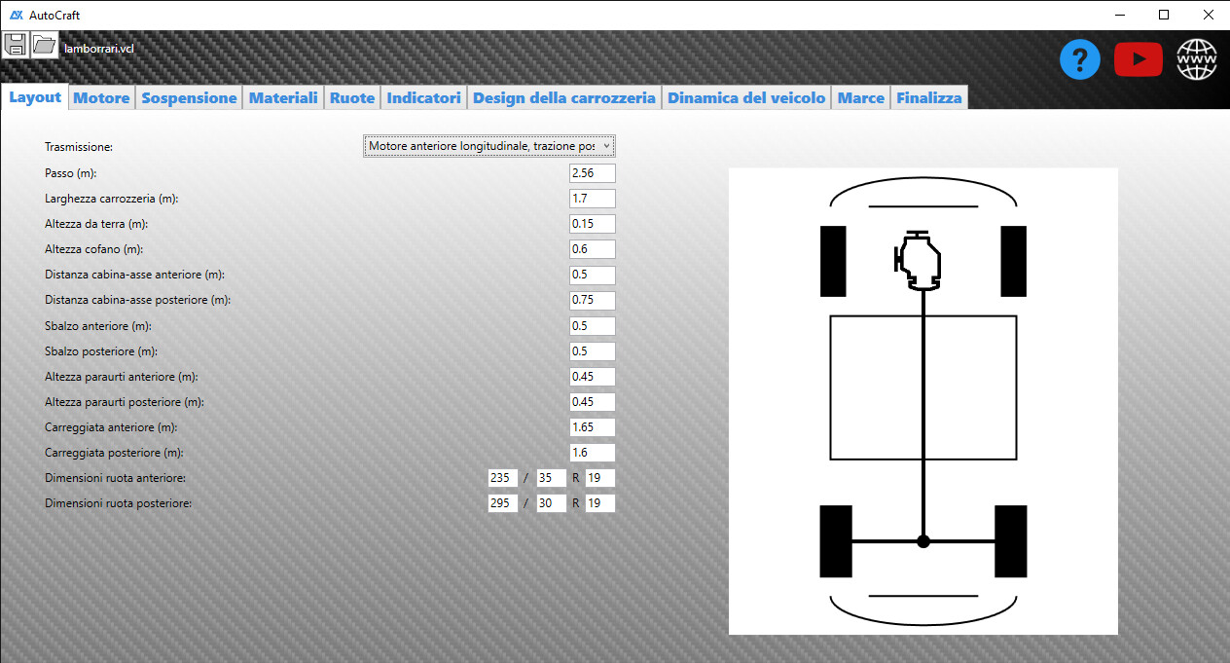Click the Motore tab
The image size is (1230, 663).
101,97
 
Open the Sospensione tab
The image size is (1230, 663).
189,97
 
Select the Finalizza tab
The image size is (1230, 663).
929,97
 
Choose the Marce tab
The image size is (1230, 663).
860,97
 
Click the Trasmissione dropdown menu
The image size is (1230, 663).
488,146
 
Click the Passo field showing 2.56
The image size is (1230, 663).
592,173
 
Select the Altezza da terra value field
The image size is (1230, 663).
592,224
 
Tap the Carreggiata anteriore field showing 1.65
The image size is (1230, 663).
592,426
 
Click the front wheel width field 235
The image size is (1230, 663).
502,478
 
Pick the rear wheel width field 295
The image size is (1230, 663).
502,503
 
